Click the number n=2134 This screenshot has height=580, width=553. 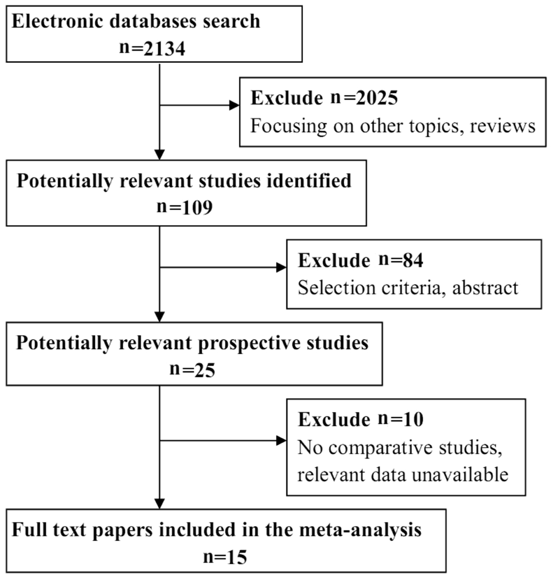pos(152,48)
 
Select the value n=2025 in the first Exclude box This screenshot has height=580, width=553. pos(364,98)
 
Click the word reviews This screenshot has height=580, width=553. pos(502,126)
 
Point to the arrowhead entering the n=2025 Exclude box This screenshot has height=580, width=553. pos(235,105)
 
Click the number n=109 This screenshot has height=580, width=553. pos(185,207)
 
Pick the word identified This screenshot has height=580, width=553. pos(307,181)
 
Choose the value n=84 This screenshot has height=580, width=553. pos(401,260)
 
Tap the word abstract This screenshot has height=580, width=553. pos(485,288)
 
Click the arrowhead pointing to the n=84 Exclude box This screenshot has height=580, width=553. pos(281,268)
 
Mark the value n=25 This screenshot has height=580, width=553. pos(193,369)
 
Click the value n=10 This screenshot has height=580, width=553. pos(401,419)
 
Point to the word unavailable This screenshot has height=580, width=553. pos(460,475)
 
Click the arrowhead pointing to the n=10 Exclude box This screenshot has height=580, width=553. pos(281,441)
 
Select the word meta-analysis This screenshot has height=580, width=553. pos(360,530)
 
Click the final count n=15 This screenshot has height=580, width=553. pos(225,557)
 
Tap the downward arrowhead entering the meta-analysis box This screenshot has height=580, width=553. pos(160,504)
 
